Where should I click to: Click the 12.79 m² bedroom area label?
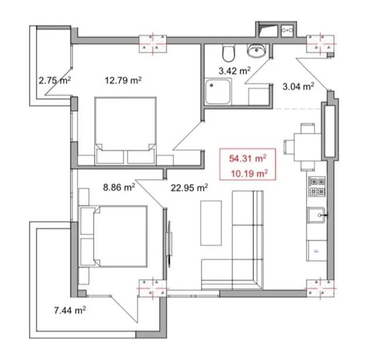[123, 80]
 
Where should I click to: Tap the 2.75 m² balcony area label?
[54, 80]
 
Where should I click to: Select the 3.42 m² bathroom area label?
[234, 71]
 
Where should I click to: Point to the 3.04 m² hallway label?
[298, 87]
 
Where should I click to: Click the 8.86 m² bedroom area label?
[119, 187]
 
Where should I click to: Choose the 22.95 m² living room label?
[189, 188]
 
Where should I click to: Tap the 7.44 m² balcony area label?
[70, 310]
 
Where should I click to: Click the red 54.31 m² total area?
[247, 159]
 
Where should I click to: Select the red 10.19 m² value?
[249, 173]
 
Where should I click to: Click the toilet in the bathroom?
[229, 53]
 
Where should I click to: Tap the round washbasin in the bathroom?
[256, 51]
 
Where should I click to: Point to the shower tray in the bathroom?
[218, 91]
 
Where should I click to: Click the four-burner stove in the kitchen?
[317, 186]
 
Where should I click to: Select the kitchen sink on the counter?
[316, 215]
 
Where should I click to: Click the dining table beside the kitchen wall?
[308, 148]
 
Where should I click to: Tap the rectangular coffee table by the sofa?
[211, 223]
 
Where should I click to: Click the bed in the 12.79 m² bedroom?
[125, 131]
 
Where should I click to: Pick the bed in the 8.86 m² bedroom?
[114, 236]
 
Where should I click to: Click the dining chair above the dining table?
[308, 128]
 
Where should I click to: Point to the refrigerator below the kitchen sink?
[317, 251]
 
